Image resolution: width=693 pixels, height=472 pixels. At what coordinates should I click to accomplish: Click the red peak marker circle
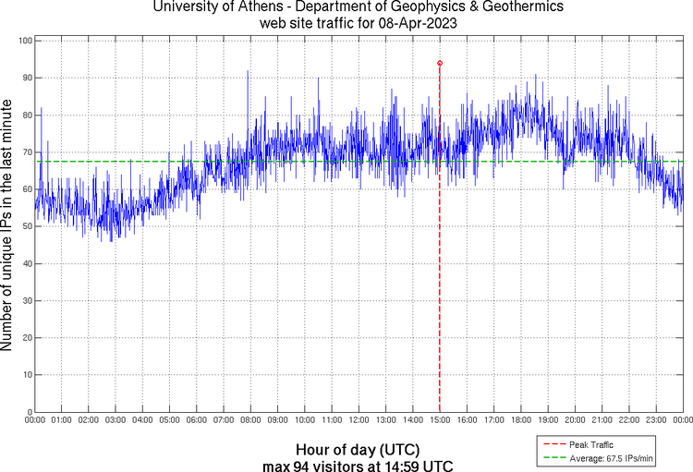click(x=440, y=63)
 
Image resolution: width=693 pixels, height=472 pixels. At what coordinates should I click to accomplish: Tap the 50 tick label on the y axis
click(x=27, y=226)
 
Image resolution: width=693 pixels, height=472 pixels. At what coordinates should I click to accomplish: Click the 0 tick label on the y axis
click(x=30, y=412)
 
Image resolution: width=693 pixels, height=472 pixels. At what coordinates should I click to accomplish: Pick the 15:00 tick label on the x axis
click(x=440, y=420)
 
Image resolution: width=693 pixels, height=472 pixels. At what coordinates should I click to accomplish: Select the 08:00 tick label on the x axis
click(x=251, y=420)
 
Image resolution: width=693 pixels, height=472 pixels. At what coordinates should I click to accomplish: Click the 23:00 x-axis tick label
click(x=655, y=420)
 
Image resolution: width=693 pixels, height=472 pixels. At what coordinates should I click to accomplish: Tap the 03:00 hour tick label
click(x=116, y=420)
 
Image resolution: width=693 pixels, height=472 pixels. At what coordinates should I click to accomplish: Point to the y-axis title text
click(x=7, y=227)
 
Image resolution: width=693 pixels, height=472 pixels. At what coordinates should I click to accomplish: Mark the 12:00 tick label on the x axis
click(x=359, y=420)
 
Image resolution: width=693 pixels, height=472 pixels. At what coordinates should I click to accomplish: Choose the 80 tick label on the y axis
click(x=27, y=115)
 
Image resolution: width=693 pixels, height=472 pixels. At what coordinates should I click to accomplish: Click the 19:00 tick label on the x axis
click(x=547, y=420)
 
